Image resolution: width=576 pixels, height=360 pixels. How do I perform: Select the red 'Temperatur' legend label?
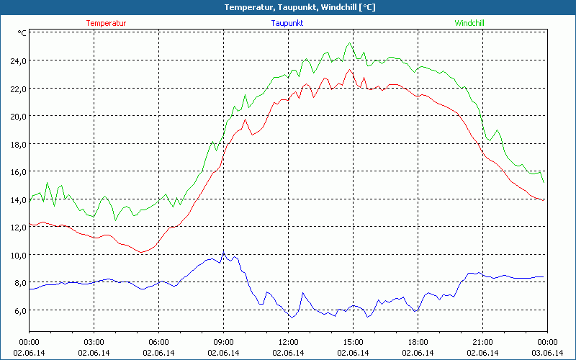(106, 23)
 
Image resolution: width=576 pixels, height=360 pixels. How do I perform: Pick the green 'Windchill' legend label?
(469, 23)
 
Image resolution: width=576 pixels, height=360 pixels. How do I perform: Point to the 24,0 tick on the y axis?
(17, 60)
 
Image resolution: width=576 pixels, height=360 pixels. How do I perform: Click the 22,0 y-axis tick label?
(17, 89)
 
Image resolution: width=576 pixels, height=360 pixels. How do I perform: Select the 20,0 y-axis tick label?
(17, 116)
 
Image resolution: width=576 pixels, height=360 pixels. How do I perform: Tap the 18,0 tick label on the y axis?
(17, 144)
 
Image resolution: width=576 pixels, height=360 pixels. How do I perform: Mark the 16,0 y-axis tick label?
(17, 171)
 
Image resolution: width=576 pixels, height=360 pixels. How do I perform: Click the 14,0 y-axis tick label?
(17, 199)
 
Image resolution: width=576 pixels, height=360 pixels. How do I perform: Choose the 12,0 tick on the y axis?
(17, 227)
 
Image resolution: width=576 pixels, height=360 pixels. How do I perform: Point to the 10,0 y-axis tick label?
(17, 255)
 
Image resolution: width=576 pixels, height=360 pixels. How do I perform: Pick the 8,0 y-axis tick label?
(19, 282)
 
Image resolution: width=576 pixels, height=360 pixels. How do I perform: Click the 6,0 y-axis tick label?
(19, 310)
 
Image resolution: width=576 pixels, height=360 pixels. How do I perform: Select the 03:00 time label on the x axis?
(94, 342)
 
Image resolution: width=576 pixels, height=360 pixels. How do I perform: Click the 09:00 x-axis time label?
(223, 342)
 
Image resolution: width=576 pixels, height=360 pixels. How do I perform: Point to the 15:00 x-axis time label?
(353, 342)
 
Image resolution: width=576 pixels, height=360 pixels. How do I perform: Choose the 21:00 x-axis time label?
(482, 342)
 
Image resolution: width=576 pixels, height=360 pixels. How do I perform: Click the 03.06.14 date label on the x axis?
(546, 352)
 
